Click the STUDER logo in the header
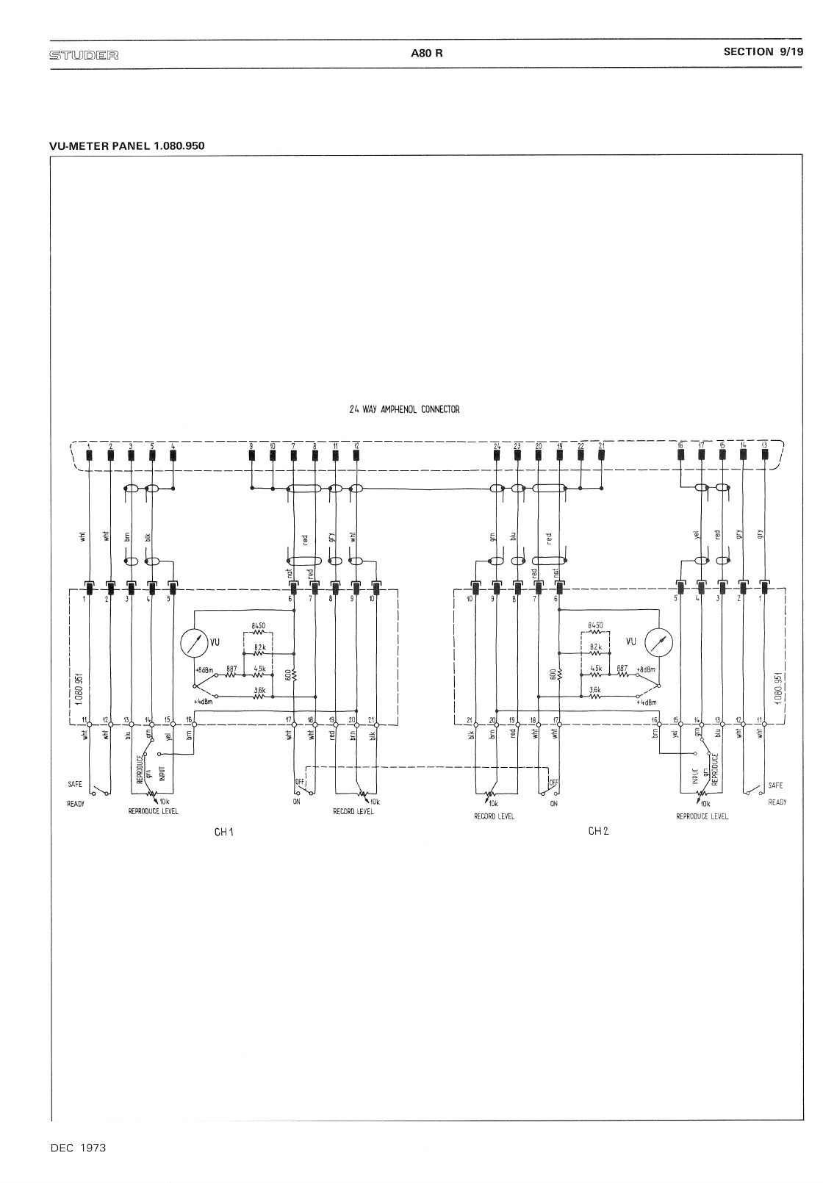tap(84, 54)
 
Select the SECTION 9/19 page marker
tap(763, 51)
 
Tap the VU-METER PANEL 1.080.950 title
tap(126, 145)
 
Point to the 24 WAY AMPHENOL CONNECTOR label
tap(404, 409)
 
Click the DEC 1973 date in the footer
tap(78, 1147)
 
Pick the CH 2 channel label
tap(599, 831)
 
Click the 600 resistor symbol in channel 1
tap(294, 674)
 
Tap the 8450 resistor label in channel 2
tap(595, 625)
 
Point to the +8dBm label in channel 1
tap(204, 670)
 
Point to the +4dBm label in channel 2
tap(646, 702)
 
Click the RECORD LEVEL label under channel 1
tap(353, 812)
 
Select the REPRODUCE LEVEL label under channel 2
tap(702, 816)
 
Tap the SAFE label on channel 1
tap(75, 785)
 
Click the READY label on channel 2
tap(777, 802)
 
